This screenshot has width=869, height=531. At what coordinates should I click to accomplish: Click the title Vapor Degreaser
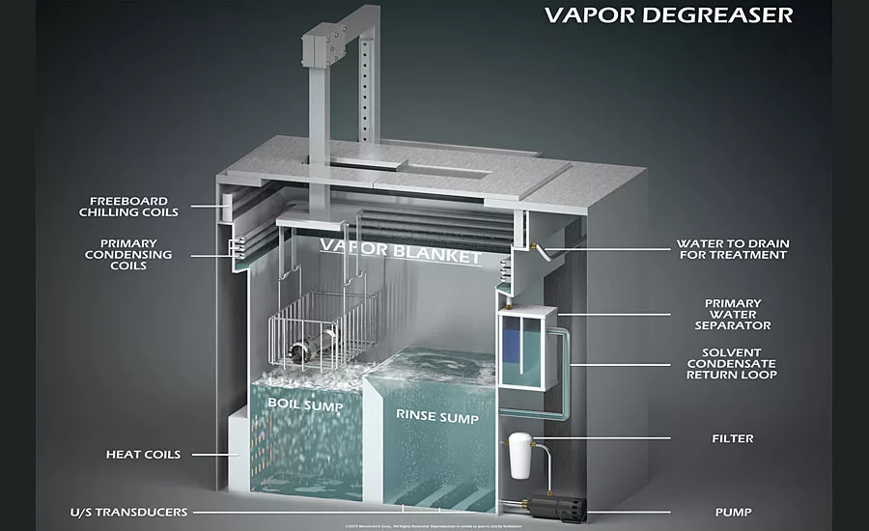coord(667,14)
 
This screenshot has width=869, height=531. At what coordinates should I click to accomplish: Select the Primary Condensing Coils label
coord(135,254)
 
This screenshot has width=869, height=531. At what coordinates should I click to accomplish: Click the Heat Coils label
coord(144,454)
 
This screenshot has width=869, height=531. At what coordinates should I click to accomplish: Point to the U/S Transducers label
coord(128,512)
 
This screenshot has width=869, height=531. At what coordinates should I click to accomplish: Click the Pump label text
coord(734,512)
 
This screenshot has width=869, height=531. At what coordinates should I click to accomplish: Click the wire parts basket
coord(320,329)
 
